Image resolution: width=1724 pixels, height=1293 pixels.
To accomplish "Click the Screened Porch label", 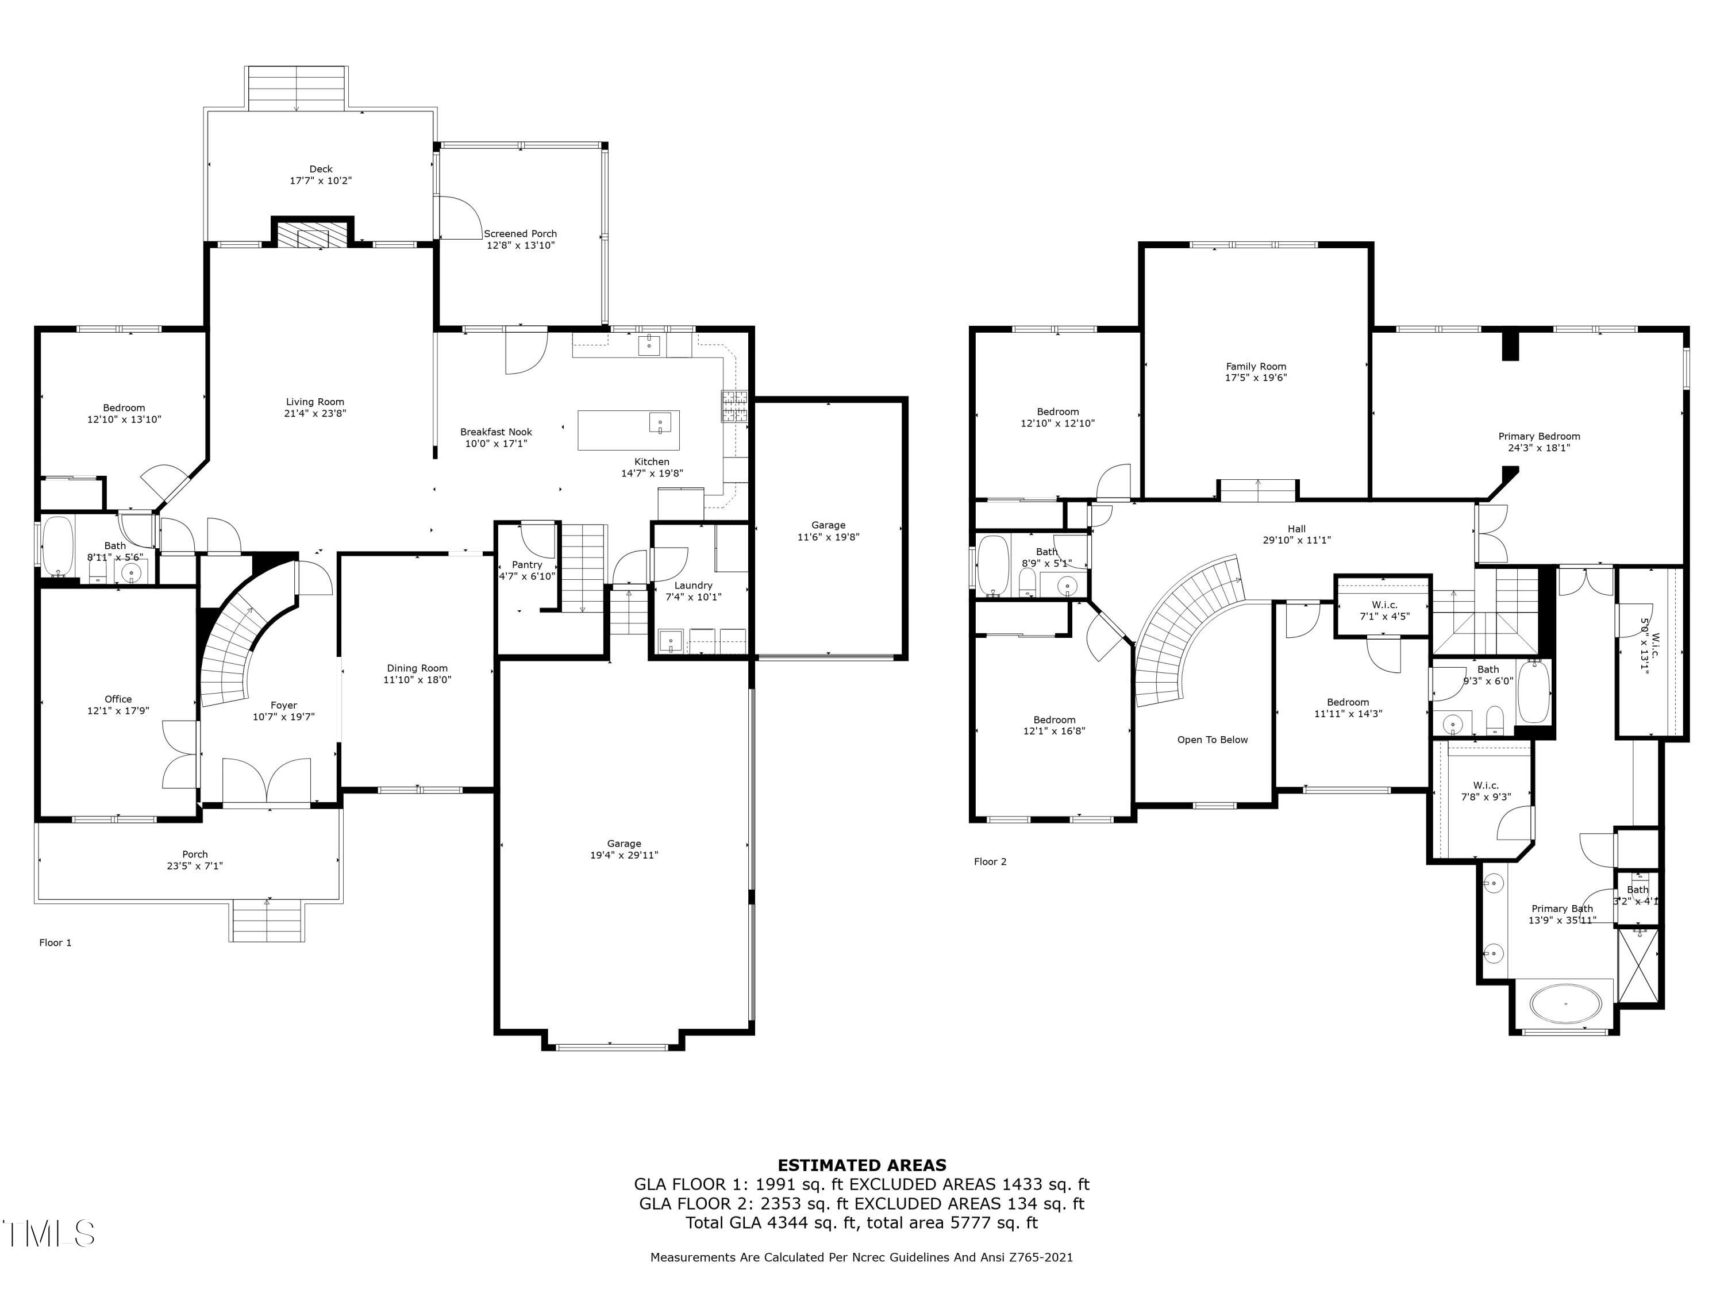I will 520,234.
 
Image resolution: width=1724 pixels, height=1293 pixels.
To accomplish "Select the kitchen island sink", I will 659,422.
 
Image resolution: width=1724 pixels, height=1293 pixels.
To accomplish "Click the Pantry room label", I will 527,565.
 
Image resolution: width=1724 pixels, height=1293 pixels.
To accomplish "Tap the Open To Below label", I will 1212,740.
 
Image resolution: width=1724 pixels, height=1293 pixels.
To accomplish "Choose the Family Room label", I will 1256,366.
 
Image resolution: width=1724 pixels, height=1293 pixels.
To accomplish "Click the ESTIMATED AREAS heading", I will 861,1165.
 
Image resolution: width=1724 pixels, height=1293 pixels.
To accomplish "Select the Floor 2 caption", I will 990,861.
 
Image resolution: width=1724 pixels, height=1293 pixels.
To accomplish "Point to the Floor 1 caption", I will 55,942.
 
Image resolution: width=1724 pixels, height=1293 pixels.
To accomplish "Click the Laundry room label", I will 693,586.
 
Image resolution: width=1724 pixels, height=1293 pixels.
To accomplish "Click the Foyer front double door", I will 267,780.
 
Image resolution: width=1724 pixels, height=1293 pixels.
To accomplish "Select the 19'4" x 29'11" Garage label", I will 624,849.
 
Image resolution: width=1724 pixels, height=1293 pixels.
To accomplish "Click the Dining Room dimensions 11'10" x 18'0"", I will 417,680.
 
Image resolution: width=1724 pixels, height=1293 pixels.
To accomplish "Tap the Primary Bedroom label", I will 1538,436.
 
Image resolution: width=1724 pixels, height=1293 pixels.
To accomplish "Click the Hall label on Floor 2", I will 1296,529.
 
